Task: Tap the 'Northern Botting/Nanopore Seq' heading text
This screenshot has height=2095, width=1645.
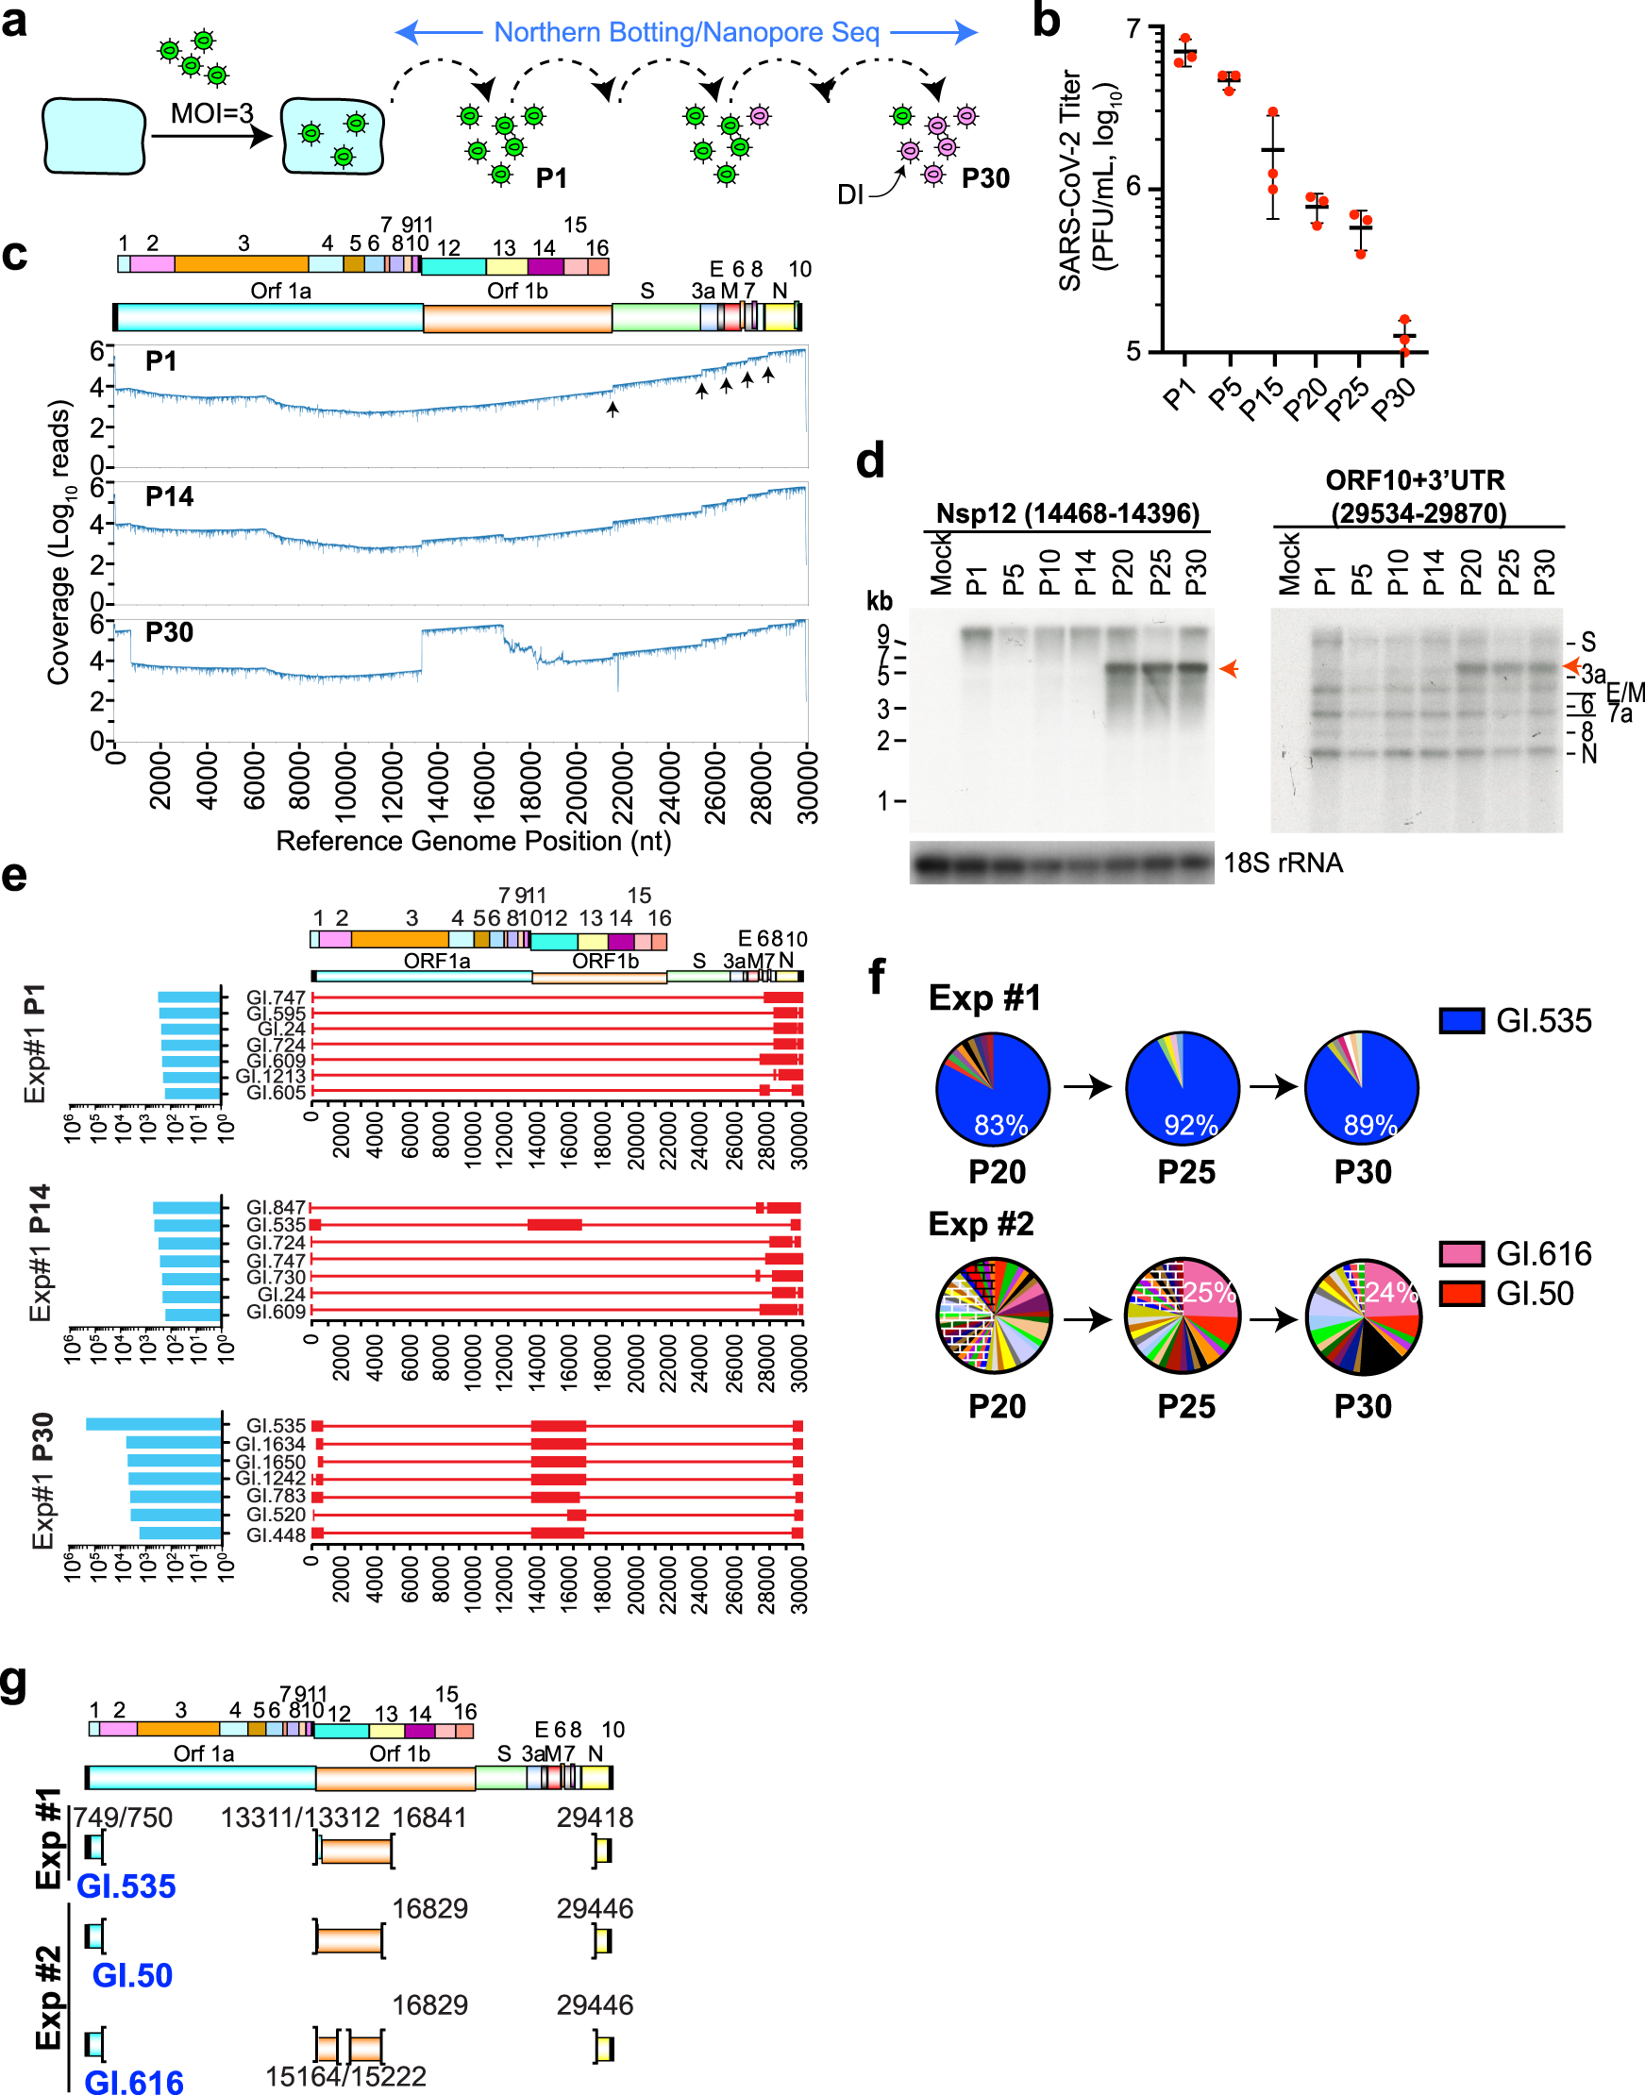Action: [x=686, y=33]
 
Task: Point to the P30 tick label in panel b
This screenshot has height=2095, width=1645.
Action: [x=1395, y=398]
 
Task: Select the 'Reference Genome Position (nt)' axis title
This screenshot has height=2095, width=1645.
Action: [x=473, y=842]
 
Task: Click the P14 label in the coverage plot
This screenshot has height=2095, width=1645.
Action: [x=170, y=496]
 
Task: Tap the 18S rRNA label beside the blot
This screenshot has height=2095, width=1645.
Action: [x=1283, y=863]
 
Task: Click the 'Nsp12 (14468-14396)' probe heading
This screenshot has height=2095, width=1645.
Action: [x=1067, y=513]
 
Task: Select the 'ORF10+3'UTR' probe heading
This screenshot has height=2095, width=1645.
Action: [x=1415, y=480]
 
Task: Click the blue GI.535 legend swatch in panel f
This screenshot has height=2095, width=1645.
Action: [x=1461, y=1020]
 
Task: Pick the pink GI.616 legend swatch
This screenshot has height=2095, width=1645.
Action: [x=1461, y=1253]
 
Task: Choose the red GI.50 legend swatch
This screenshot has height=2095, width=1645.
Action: [x=1461, y=1293]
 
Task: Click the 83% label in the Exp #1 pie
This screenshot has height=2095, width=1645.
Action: [x=1000, y=1125]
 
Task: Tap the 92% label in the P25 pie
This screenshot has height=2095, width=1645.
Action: [x=1191, y=1125]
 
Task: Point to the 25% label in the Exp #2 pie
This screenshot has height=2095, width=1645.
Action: [x=1210, y=1292]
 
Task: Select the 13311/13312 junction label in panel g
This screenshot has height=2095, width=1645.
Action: [x=299, y=1818]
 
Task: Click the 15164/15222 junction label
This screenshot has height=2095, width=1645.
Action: [x=345, y=2076]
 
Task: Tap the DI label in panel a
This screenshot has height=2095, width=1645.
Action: [x=850, y=195]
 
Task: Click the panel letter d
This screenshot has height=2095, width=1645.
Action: [x=870, y=461]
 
